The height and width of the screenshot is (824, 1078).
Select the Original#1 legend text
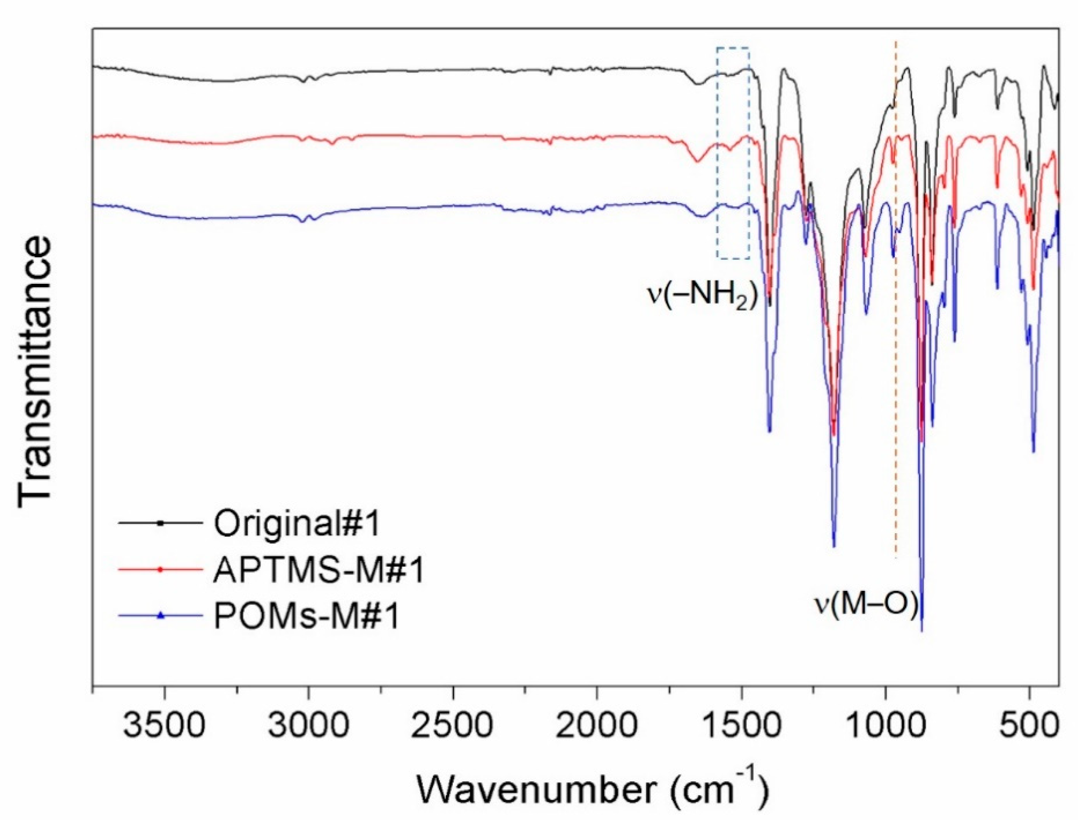click(x=297, y=524)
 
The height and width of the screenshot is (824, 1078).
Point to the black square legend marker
click(x=160, y=523)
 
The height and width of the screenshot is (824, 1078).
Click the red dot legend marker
click(x=160, y=569)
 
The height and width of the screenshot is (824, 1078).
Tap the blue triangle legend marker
click(x=160, y=615)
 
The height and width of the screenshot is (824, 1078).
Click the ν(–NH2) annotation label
click(x=703, y=297)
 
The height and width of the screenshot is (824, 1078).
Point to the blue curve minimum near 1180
click(x=834, y=546)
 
